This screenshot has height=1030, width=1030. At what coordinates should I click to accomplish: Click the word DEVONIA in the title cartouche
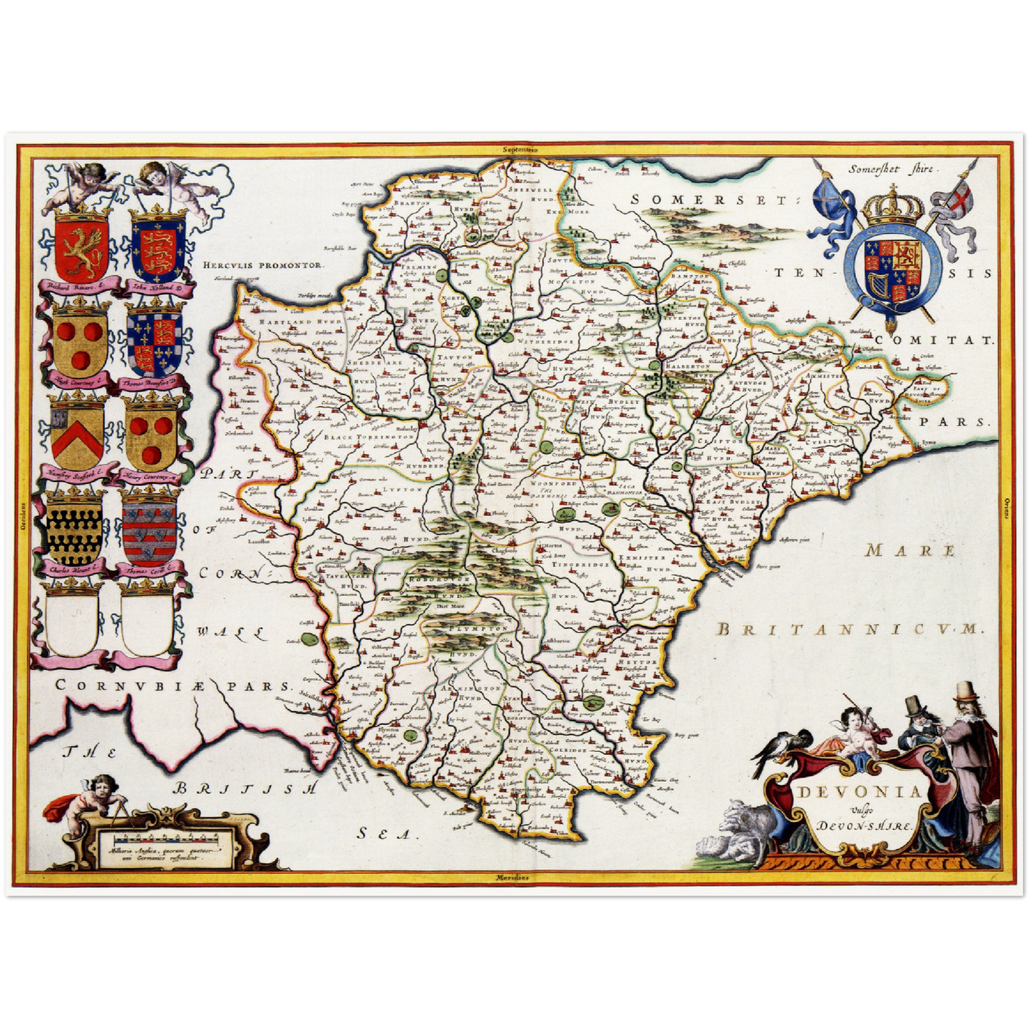[859, 792]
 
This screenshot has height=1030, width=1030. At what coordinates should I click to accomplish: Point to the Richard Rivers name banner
[78, 287]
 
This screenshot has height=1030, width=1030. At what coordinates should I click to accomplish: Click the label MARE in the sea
[910, 550]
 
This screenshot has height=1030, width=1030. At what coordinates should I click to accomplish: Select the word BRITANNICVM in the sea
[848, 629]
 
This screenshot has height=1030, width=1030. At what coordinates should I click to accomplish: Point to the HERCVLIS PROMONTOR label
[263, 264]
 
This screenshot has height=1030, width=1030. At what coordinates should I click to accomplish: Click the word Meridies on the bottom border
[513, 877]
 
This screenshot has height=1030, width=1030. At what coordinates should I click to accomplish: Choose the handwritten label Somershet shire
[894, 169]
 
